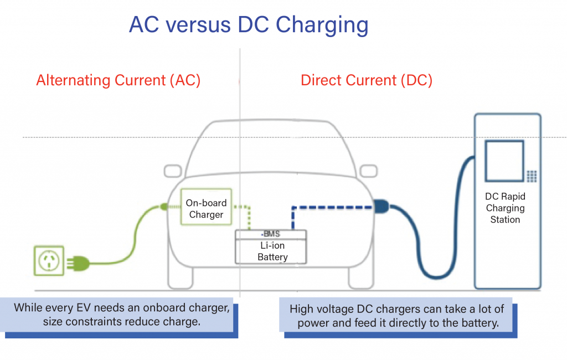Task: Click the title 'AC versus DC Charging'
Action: coord(248,25)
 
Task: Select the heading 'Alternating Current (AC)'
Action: coord(118,80)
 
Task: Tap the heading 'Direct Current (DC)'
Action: coord(366,80)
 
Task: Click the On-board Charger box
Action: coord(206,209)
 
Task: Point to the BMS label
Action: coord(271,234)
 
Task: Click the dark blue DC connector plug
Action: coord(382,207)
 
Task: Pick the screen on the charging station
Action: coord(504,161)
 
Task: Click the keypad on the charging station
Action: coord(532,176)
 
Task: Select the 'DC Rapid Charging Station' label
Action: coord(505,208)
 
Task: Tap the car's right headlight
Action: coord(372,171)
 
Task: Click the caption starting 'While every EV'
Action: coord(121,314)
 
